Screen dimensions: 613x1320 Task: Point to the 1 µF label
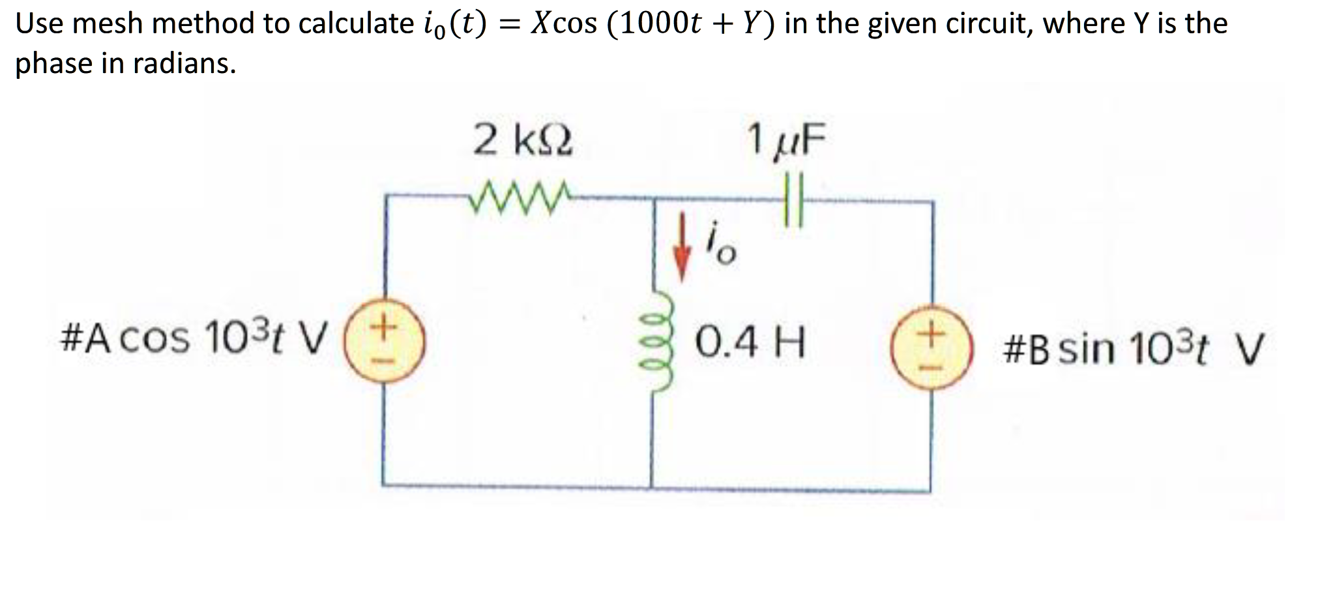[787, 141]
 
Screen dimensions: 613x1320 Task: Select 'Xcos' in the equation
[562, 24]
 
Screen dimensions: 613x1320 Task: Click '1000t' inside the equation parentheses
[660, 24]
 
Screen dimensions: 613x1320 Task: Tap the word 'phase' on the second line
[54, 64]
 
